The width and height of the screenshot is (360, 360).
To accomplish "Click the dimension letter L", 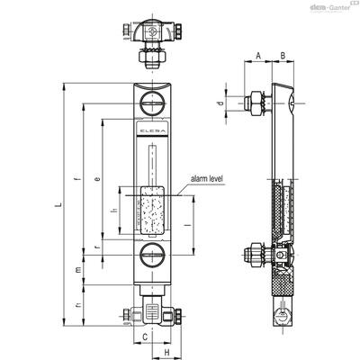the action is [59, 205].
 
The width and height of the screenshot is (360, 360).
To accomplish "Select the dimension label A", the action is [258, 56].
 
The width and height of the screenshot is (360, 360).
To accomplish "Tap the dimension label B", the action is [283, 56].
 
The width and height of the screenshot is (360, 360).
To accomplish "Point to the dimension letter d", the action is [220, 103].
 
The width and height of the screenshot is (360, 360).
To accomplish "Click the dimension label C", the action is [145, 337].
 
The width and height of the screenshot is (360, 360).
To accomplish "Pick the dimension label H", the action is [166, 352].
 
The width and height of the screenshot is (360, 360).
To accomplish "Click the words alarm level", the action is [207, 179].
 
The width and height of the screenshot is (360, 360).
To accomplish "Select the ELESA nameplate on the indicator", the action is [152, 130].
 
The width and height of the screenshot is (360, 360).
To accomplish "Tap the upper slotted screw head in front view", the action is [153, 103].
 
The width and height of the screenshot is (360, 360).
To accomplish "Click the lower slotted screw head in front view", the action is [153, 256].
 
